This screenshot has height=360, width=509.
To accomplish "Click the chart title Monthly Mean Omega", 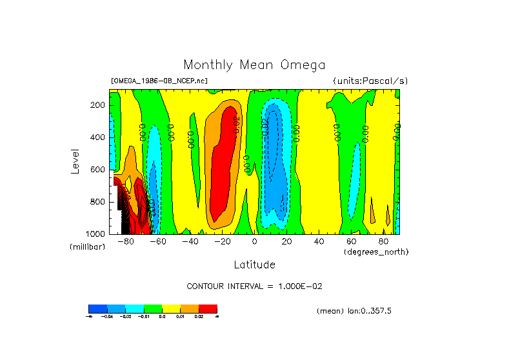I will tap(254, 65).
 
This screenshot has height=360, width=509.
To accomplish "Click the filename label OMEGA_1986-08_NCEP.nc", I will tap(159, 81).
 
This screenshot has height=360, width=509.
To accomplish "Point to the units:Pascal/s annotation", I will tap(370, 81).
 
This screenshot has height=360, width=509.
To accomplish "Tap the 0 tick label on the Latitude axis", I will tap(254, 241).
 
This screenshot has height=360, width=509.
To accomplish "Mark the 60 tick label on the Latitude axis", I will tap(351, 241).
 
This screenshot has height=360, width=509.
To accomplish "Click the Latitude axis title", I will tap(254, 265).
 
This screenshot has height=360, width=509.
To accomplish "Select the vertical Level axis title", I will tap(76, 161).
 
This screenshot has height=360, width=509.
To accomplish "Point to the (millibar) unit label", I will tap(87, 248).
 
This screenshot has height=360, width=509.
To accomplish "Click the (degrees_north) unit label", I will tap(376, 251).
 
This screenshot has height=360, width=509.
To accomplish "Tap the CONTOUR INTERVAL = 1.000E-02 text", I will tap(254, 286).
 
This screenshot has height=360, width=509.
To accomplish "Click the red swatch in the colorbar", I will tap(208, 308).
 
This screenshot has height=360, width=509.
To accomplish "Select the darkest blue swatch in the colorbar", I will tap(97, 308).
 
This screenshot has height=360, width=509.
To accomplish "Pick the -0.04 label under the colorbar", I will tap(106, 316).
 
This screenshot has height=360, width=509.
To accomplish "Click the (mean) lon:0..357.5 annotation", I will tap(354, 311).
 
